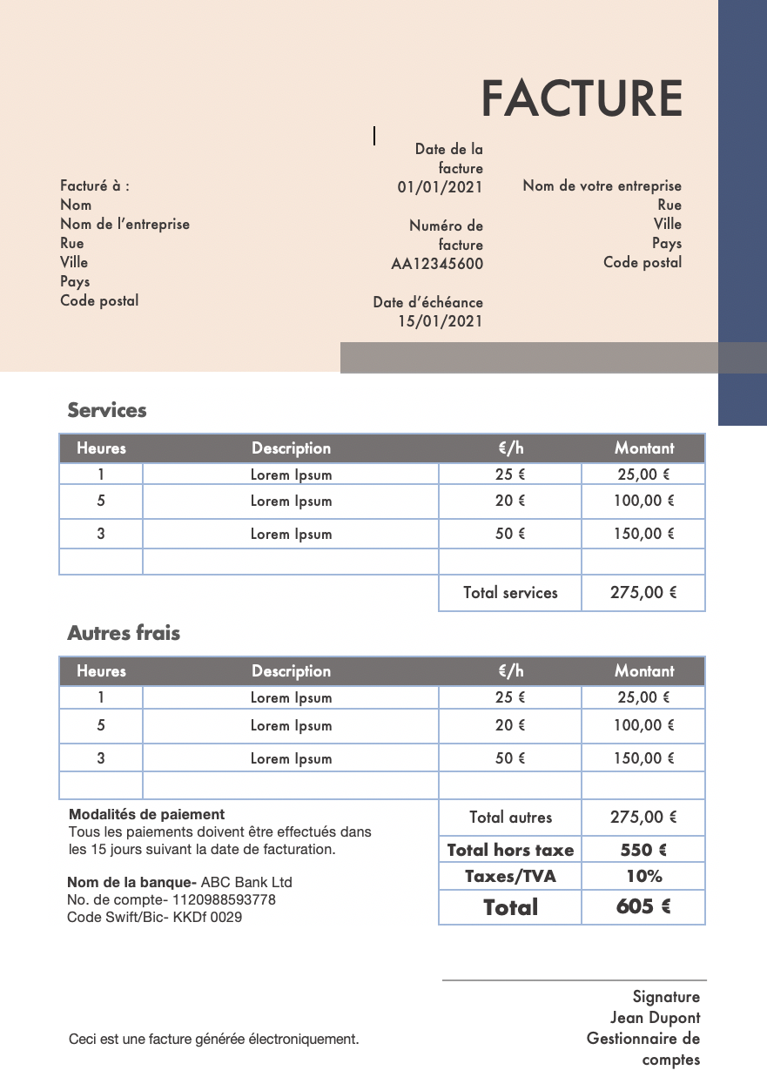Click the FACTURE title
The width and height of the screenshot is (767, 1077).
pos(582,98)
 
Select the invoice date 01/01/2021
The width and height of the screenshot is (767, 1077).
pos(440,186)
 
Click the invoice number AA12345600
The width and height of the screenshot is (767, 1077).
pos(437,264)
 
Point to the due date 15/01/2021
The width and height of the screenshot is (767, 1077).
pos(440,321)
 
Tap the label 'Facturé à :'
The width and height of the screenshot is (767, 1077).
pos(95,185)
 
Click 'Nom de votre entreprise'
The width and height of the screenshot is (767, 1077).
pos(602,185)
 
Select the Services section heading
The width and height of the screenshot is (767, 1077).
pos(107,410)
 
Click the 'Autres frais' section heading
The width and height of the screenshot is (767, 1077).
pos(124,633)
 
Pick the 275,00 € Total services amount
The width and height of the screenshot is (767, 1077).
pos(643,593)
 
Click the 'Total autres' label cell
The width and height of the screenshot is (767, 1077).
pos(510,818)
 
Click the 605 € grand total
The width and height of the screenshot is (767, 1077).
pos(643,907)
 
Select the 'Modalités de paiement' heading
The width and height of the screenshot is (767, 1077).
pos(146,815)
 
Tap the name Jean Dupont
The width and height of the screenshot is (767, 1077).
pos(655,1018)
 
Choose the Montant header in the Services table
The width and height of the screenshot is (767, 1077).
pos(644,448)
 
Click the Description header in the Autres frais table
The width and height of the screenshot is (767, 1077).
pos(291,671)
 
